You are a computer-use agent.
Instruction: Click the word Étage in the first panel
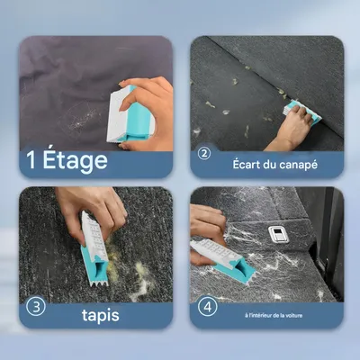click(76, 162)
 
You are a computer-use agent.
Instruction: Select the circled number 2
click(204, 153)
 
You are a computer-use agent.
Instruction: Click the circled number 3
click(35, 306)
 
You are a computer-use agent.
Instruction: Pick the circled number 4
click(208, 306)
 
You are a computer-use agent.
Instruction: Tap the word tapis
click(99, 316)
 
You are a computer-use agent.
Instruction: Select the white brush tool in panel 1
click(120, 115)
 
